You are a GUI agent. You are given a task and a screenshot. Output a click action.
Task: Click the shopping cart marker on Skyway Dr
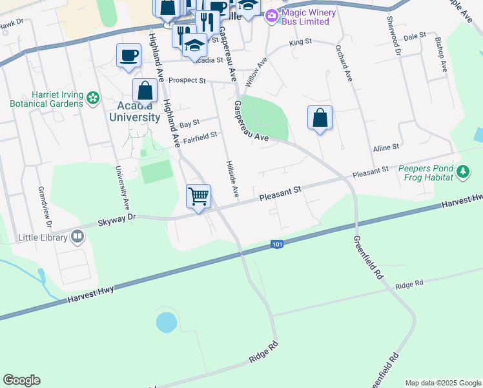click(199, 196)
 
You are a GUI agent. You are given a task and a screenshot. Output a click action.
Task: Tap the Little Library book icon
click(77, 237)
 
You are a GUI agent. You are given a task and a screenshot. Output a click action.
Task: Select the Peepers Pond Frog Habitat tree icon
click(462, 172)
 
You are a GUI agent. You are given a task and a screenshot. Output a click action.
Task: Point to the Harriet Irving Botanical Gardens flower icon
click(93, 98)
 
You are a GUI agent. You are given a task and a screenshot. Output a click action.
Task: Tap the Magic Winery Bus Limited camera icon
click(272, 15)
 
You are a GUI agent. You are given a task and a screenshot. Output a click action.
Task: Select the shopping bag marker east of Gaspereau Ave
click(320, 118)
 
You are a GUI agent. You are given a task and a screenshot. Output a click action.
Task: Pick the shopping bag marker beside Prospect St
click(145, 91)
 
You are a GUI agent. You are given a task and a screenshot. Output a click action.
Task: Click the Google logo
click(21, 380)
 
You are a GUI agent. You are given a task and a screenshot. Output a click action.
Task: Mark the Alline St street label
click(386, 148)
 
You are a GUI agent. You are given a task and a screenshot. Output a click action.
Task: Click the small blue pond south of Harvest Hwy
click(166, 321)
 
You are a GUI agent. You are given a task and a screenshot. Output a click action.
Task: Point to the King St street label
click(300, 41)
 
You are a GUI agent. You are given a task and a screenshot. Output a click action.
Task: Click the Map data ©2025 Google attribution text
click(443, 383)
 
